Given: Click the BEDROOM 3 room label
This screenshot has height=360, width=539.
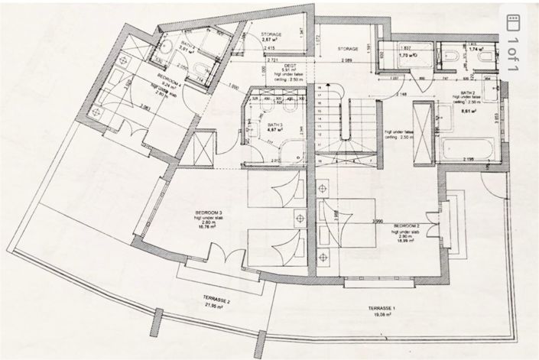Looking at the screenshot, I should [209, 212].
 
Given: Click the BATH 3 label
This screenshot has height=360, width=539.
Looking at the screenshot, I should [275, 124].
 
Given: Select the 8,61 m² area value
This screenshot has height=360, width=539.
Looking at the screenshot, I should [469, 112].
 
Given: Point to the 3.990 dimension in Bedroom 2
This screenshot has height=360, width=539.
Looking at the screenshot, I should [376, 221].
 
